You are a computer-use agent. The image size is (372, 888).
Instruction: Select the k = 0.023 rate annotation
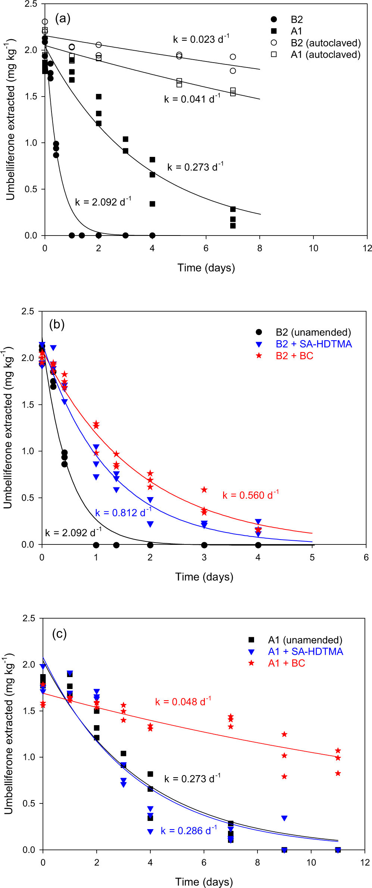coord(201,39)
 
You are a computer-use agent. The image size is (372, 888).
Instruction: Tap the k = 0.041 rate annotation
coord(192,99)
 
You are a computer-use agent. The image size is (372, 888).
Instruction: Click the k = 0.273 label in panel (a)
coord(195,167)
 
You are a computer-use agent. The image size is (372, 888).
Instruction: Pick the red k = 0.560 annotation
coord(250,495)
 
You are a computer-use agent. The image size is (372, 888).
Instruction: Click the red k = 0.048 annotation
coord(183,702)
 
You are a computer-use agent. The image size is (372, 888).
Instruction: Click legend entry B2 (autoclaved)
coord(325,43)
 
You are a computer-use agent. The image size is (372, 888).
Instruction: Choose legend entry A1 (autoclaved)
coord(325,54)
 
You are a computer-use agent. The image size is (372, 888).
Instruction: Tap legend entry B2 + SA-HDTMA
coord(313,344)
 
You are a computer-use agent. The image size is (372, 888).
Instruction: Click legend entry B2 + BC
coord(294,356)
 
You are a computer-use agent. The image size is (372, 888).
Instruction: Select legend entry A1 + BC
coord(286,663)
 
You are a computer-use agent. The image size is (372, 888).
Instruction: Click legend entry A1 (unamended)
coord(305,640)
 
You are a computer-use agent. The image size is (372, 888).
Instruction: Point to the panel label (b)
coord(57,324)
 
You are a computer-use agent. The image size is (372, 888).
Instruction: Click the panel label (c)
coord(59,633)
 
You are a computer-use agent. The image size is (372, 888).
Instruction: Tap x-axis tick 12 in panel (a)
coord(367,248)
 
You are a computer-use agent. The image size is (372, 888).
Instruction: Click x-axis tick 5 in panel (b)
coord(312,557)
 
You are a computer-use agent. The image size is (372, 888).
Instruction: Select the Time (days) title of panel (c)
coord(204,882)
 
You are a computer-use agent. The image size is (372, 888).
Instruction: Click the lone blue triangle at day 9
coord(284,818)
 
